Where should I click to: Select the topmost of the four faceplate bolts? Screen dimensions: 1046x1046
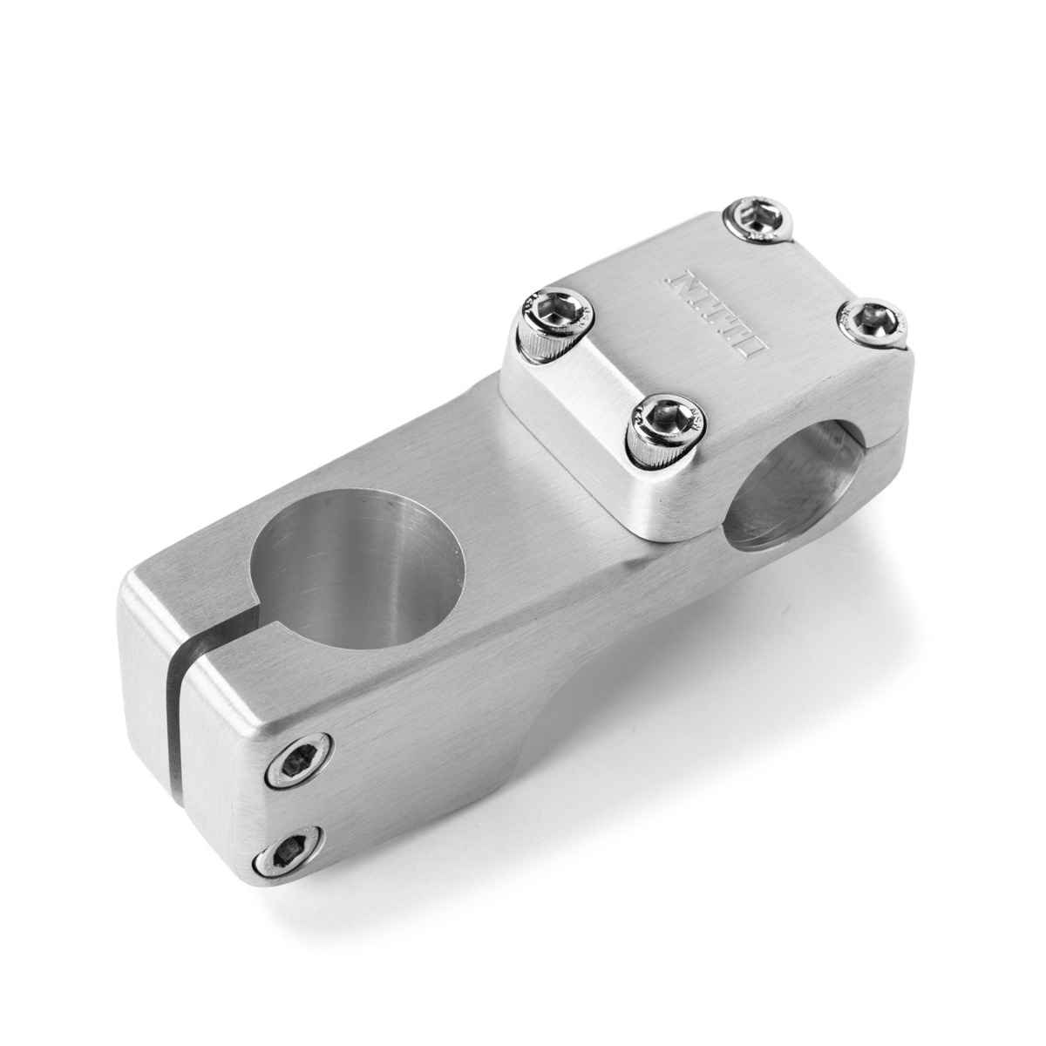click(760, 215)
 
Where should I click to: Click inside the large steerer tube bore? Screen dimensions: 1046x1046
click(357, 558)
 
